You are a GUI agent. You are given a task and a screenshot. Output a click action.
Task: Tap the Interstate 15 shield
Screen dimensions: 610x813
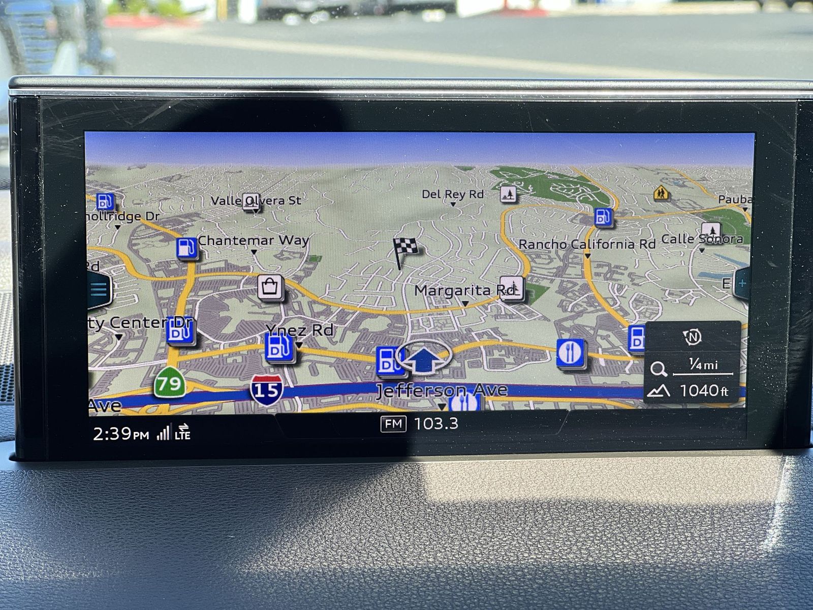266,390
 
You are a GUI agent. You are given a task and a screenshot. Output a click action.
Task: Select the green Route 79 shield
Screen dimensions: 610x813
169,383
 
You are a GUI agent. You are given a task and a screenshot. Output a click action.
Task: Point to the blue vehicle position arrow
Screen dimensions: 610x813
423,358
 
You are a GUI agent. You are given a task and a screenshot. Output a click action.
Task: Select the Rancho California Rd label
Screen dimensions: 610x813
587,245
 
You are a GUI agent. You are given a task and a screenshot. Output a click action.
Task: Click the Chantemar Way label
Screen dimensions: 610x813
253,240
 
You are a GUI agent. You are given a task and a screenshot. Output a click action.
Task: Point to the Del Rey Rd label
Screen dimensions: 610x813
452,194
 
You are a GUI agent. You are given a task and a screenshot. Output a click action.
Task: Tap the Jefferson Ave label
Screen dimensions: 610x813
442,390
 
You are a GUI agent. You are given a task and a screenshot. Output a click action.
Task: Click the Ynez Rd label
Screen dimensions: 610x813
300,330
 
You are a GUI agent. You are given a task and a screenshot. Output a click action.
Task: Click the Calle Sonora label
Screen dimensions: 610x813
702,239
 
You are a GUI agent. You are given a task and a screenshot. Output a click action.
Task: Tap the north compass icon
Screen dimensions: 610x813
692,337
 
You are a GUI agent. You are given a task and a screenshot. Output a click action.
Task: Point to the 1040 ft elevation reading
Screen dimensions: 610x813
704,390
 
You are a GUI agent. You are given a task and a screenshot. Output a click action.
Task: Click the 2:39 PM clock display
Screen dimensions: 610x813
121,434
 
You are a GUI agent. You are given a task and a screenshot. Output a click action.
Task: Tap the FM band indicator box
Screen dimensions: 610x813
393,423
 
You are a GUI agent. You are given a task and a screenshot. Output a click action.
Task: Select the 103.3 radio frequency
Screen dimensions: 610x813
436,423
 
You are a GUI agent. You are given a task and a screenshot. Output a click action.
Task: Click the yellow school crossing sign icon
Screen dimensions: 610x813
661,193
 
